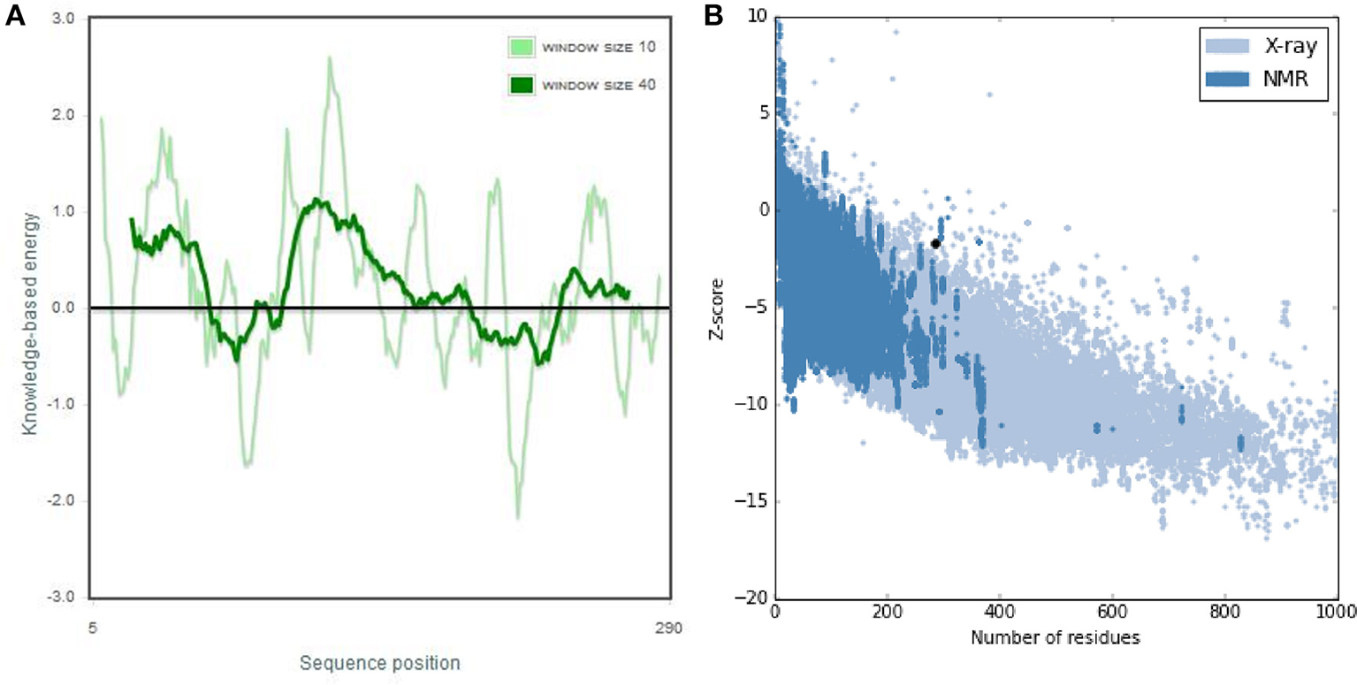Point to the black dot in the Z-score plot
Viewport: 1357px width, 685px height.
(x=935, y=243)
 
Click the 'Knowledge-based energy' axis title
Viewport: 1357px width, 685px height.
(x=30, y=322)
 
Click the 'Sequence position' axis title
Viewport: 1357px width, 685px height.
(x=379, y=662)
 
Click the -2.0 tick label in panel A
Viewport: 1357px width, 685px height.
(x=63, y=501)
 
